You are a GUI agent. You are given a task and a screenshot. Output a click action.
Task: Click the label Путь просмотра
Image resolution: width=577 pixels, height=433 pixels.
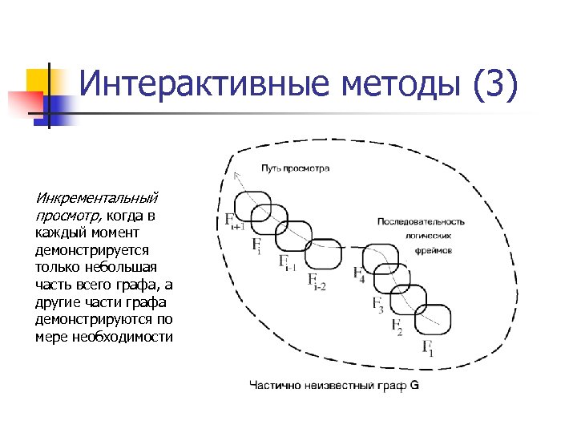pos(294,168)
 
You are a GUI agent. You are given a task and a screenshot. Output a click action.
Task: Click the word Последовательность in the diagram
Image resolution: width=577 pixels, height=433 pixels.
pos(421,221)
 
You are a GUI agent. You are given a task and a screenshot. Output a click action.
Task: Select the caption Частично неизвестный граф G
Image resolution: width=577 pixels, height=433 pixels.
pos(334,385)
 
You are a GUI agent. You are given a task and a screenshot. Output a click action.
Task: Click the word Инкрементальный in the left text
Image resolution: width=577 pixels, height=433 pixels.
pos(96,198)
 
